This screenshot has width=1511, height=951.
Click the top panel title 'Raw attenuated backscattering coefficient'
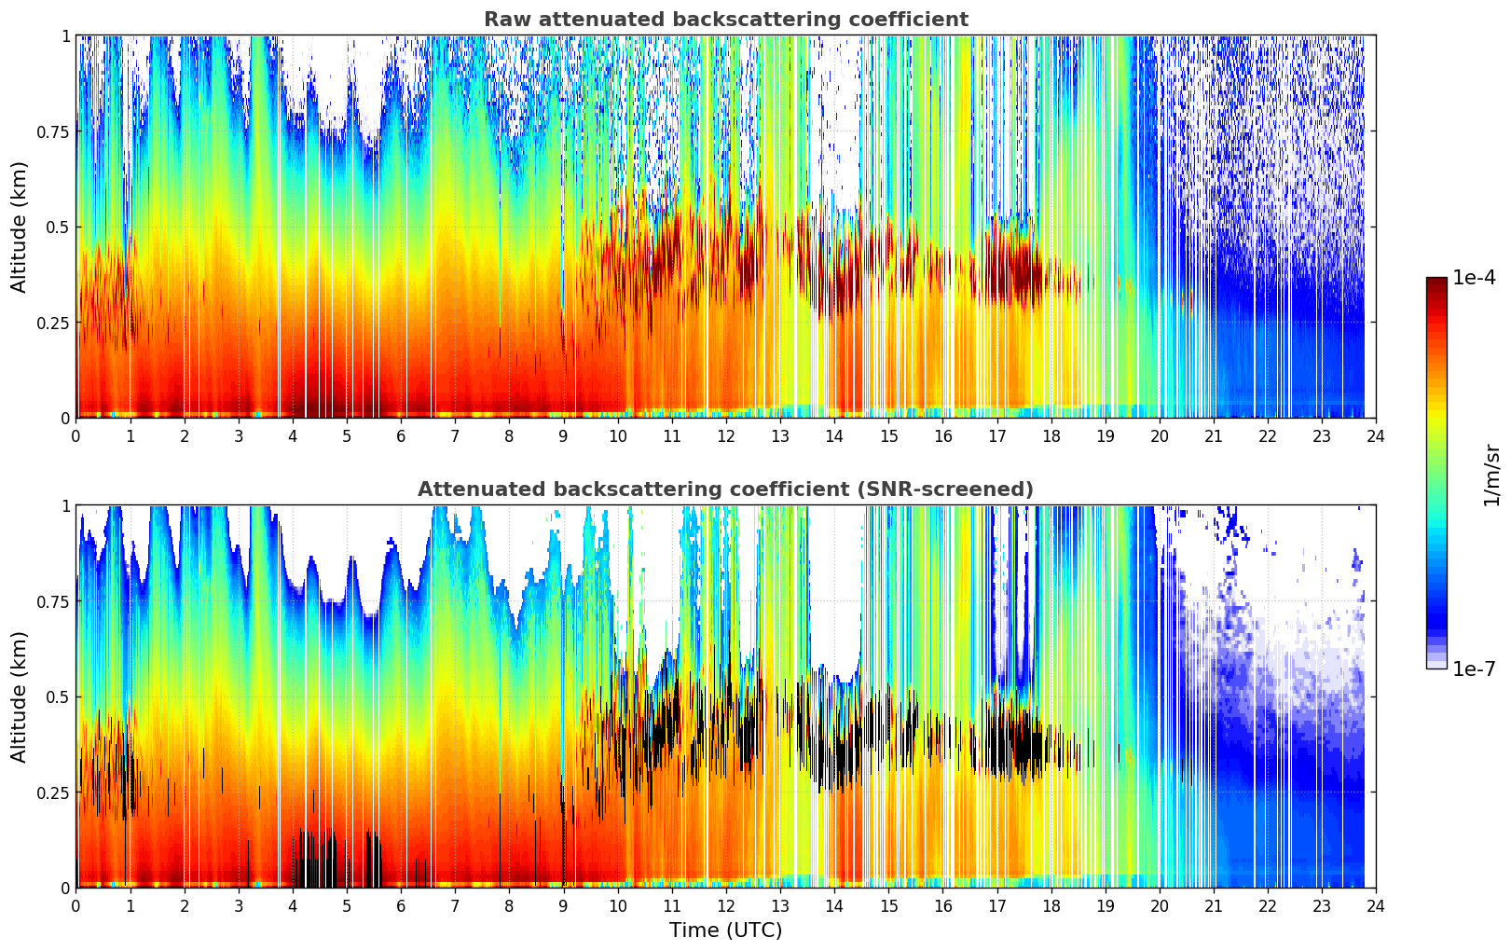point(725,20)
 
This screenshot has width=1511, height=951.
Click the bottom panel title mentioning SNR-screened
point(725,489)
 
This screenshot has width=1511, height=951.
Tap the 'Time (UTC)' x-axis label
point(725,930)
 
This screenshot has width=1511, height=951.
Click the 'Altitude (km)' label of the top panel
point(20,227)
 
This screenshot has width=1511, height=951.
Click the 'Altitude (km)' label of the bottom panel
point(20,696)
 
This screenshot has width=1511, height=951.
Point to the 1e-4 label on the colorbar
point(1474,278)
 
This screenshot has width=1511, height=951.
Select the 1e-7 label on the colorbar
point(1474,668)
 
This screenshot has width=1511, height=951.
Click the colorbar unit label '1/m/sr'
point(1490,475)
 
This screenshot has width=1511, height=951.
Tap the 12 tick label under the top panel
point(726,435)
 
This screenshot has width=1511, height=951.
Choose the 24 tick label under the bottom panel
point(1376,905)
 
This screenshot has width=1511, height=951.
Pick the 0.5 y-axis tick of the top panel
point(58,227)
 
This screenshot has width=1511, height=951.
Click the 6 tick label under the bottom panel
point(401,905)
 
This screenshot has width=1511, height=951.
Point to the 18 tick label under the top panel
point(1051,435)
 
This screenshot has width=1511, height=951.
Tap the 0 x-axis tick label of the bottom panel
point(76,905)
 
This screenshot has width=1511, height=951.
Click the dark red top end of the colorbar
point(1435,283)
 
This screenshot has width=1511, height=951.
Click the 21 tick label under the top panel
point(1214,435)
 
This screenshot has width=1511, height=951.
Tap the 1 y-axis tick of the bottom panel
point(65,505)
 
